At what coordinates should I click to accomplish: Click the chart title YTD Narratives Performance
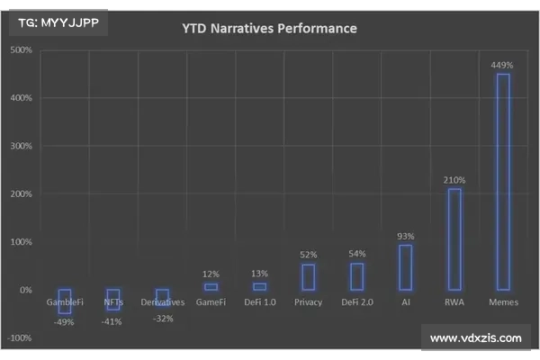269,29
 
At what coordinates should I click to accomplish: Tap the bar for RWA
454,239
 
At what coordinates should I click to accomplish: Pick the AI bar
405,267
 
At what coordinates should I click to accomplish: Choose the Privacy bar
308,277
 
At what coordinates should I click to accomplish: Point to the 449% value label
502,65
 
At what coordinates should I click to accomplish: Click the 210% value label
454,180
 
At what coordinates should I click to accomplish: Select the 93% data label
405,237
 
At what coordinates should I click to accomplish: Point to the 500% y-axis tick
21,49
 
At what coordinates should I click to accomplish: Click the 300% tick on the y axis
21,146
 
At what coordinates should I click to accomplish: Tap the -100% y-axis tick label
20,338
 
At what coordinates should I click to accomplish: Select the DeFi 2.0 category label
356,302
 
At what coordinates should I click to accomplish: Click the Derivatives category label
162,302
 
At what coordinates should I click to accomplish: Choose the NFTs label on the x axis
113,302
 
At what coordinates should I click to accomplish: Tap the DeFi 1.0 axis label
259,302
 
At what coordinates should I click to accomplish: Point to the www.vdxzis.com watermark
476,338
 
